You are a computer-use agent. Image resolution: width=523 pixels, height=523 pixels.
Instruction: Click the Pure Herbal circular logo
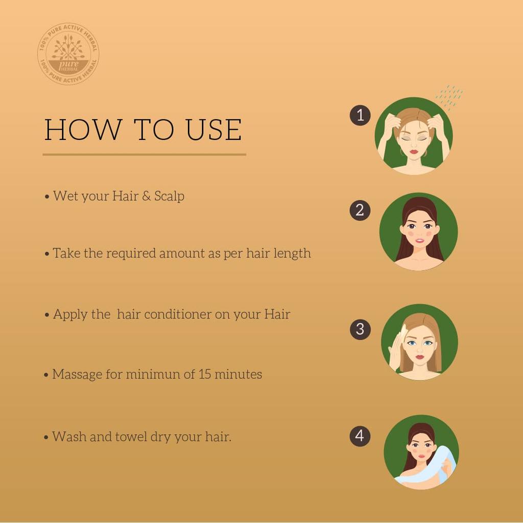68,54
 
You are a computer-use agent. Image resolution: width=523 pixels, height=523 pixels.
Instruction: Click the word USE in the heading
213,130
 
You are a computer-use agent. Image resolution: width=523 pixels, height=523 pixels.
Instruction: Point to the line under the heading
144,154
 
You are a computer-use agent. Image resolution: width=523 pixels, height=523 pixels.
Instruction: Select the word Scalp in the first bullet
169,196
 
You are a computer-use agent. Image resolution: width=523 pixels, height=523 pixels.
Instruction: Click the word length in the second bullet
291,253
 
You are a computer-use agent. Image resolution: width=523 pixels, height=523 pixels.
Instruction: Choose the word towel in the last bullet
131,437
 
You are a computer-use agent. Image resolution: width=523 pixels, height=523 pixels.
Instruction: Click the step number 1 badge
360,115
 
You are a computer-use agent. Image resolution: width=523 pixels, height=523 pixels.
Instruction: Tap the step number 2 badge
360,210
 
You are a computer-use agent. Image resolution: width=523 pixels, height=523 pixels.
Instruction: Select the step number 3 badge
360,329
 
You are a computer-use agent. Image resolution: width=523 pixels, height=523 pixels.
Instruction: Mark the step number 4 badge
360,436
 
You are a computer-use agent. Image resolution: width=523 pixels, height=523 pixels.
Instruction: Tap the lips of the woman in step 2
419,241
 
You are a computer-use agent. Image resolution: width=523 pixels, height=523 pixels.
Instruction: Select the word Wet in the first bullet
65,196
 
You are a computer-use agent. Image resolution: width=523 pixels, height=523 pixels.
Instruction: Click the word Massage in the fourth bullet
77,374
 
